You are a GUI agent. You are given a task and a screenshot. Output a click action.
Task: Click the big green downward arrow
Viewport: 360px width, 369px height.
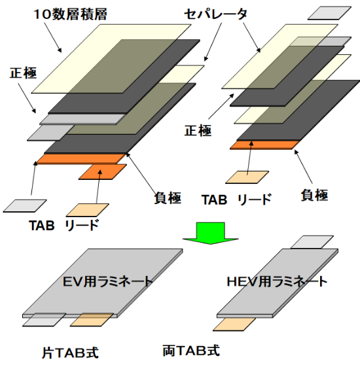click(x=211, y=233)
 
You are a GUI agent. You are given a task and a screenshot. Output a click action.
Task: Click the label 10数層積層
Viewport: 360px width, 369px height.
click(x=71, y=14)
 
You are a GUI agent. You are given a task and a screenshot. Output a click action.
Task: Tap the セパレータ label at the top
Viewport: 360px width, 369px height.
click(x=215, y=14)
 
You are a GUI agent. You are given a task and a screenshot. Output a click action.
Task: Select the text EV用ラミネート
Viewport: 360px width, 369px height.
click(x=107, y=281)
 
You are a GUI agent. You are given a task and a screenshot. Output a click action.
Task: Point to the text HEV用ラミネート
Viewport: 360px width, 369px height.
click(x=277, y=281)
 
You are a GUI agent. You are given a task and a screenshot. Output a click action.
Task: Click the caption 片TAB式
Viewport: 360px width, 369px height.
click(x=70, y=353)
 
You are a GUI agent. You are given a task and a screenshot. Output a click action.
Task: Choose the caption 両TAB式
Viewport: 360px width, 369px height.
click(x=191, y=351)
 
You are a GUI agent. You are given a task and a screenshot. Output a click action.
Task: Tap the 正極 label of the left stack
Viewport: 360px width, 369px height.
click(x=23, y=73)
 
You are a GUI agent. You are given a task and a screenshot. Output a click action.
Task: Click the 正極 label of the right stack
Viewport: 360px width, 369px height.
click(x=198, y=130)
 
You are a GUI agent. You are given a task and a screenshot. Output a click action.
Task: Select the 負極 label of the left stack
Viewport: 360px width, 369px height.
click(x=168, y=198)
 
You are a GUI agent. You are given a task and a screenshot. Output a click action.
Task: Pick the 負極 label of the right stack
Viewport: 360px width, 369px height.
click(x=314, y=195)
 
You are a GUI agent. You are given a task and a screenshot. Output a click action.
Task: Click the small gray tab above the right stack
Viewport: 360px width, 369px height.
click(x=330, y=13)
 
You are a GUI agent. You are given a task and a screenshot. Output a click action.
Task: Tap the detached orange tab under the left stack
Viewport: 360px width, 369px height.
click(x=103, y=172)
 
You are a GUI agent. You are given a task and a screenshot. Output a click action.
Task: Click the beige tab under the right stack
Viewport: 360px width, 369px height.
click(x=247, y=177)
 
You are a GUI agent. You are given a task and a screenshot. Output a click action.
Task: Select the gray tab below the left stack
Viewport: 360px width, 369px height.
click(x=25, y=206)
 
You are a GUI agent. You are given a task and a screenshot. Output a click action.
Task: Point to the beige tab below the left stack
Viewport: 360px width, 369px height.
click(x=87, y=210)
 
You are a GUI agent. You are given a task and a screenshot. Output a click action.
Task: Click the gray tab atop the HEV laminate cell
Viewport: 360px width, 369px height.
click(x=312, y=241)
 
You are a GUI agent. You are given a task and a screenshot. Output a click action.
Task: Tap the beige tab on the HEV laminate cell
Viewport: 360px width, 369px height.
click(x=234, y=325)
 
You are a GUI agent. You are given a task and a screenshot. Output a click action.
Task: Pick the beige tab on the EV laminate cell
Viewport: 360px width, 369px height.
click(x=92, y=319)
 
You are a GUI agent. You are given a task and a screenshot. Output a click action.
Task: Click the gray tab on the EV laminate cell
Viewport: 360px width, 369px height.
click(x=44, y=319)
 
